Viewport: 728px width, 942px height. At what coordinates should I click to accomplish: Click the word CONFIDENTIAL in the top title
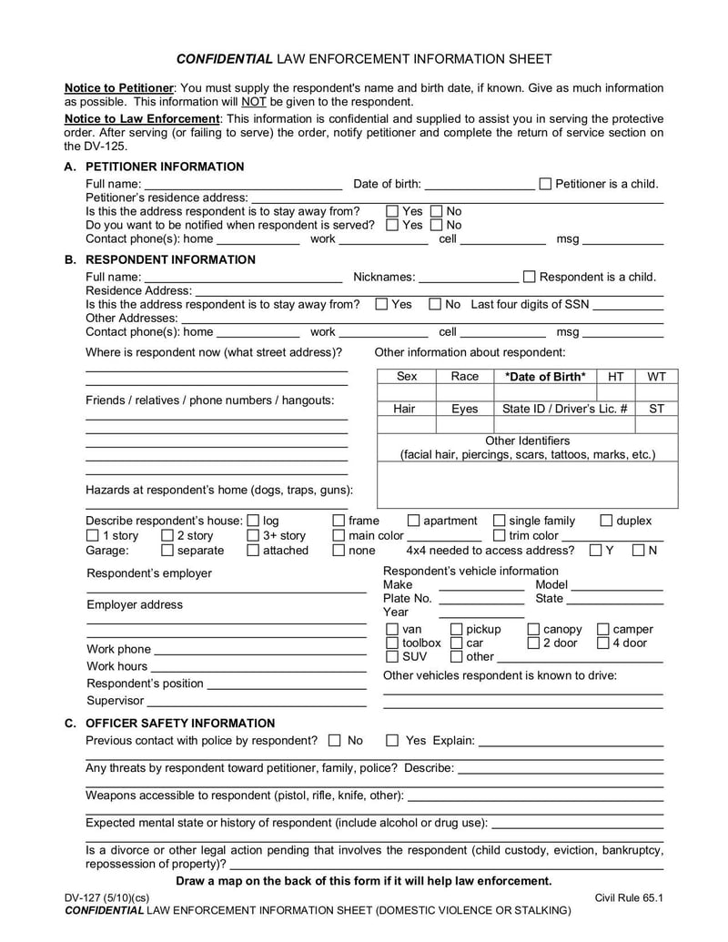(x=224, y=59)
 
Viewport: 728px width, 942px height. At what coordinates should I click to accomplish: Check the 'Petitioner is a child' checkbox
(x=545, y=184)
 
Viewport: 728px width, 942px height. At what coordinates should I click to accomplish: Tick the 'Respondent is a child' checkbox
(x=530, y=277)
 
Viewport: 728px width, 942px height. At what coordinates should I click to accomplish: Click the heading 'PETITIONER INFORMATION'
(x=165, y=167)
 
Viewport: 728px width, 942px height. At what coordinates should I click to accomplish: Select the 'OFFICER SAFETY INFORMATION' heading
(x=180, y=723)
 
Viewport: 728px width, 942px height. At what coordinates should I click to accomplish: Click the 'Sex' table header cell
(x=407, y=377)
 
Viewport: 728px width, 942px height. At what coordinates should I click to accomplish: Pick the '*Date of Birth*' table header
(x=545, y=377)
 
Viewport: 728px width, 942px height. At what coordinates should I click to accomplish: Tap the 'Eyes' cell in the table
(x=464, y=410)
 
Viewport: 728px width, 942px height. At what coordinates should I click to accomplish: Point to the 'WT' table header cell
(x=656, y=377)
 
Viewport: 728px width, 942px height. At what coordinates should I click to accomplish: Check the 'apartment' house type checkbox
(x=413, y=521)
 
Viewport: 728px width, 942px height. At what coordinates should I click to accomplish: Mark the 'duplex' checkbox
(x=606, y=521)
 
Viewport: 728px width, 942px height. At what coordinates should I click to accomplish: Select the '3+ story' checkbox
(x=253, y=536)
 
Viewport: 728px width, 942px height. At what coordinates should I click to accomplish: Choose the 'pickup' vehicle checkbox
(x=457, y=629)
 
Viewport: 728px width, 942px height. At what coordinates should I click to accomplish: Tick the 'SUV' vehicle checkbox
(x=392, y=656)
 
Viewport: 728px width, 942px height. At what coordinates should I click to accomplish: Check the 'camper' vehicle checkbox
(x=602, y=629)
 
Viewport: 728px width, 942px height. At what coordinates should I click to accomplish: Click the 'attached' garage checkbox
(x=253, y=551)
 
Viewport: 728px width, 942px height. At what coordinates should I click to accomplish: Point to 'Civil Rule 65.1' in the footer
(x=629, y=897)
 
